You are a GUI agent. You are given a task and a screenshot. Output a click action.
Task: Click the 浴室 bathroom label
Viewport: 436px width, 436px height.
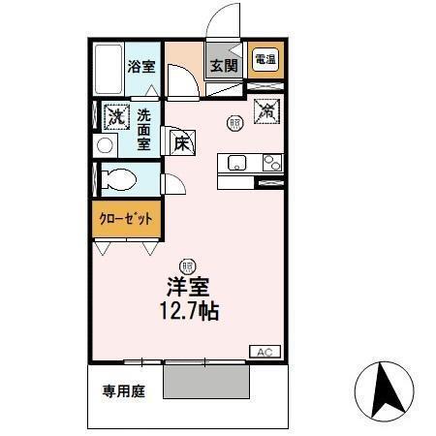[x=141, y=67]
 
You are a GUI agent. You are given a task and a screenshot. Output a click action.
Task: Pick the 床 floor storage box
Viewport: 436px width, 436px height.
[x=182, y=144]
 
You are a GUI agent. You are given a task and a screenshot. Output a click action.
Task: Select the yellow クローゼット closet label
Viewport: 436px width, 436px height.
[x=126, y=219]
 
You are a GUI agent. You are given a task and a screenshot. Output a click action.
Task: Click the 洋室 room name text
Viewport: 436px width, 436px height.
[x=188, y=289]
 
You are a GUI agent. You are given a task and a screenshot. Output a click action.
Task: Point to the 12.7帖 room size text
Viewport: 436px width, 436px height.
[x=188, y=312]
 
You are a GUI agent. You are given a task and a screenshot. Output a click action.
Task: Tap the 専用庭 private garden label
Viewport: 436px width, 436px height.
[x=123, y=391]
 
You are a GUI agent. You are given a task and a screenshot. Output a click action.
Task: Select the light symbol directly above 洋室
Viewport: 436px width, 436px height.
[x=186, y=263]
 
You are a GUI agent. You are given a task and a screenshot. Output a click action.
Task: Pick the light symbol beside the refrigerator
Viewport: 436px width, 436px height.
[x=234, y=122]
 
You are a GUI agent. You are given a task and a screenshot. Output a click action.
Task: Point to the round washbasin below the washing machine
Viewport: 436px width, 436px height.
[x=105, y=146]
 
